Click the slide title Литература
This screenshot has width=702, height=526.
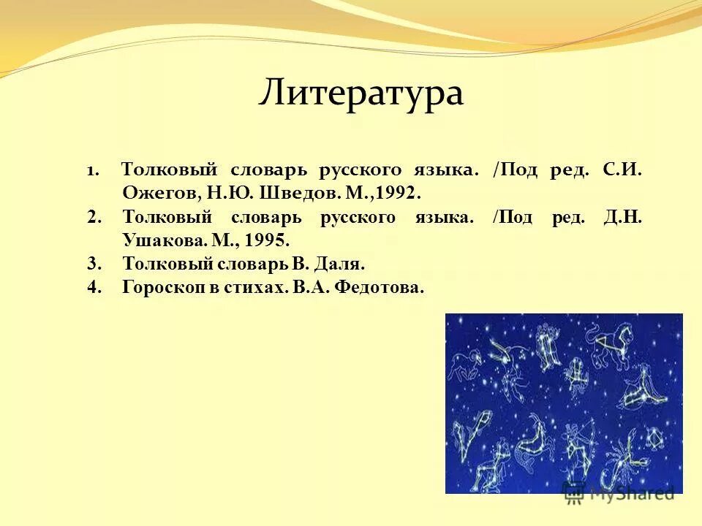(x=361, y=94)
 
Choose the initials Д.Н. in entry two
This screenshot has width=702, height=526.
(x=623, y=218)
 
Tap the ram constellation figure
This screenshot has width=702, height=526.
(x=467, y=362)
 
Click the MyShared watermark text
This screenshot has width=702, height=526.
(x=629, y=494)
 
